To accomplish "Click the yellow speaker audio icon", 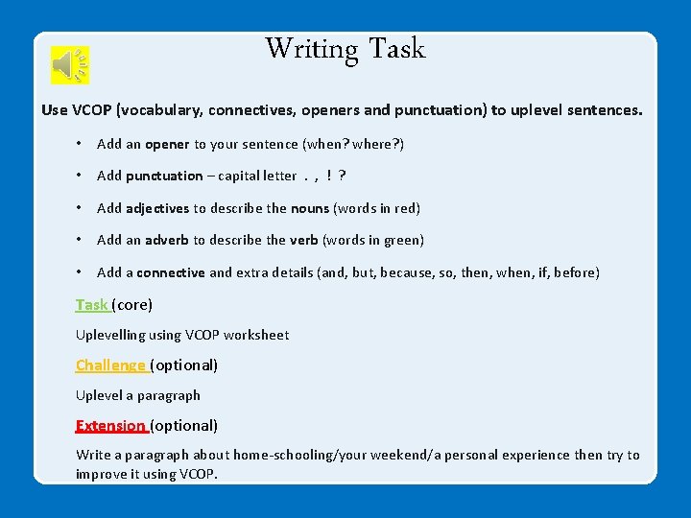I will pyautogui.click(x=70, y=64).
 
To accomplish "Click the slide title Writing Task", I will pyautogui.click(x=345, y=48).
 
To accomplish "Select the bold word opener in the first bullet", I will pyautogui.click(x=167, y=144).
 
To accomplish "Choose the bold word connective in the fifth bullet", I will pyautogui.click(x=170, y=272).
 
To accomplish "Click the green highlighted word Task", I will pyautogui.click(x=91, y=305).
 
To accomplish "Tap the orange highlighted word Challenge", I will pyautogui.click(x=110, y=365).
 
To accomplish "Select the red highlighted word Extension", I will pyautogui.click(x=109, y=425).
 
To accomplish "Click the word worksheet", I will pyautogui.click(x=255, y=335).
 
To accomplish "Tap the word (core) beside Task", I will pyautogui.click(x=132, y=305).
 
